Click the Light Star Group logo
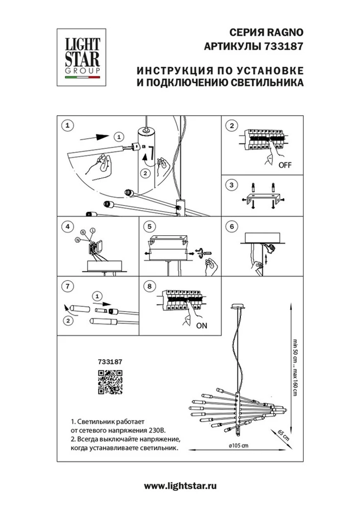[82, 57]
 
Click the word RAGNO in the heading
[285, 32]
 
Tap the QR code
[110, 381]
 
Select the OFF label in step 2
[285, 165]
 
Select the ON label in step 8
[202, 326]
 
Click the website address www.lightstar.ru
[180, 486]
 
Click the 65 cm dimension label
[283, 435]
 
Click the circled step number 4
[67, 227]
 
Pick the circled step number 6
[231, 227]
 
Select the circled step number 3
[231, 185]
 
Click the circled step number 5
[149, 227]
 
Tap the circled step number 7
[67, 286]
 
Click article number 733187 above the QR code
[110, 362]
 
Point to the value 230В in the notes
[157, 430]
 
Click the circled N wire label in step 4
[77, 240]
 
